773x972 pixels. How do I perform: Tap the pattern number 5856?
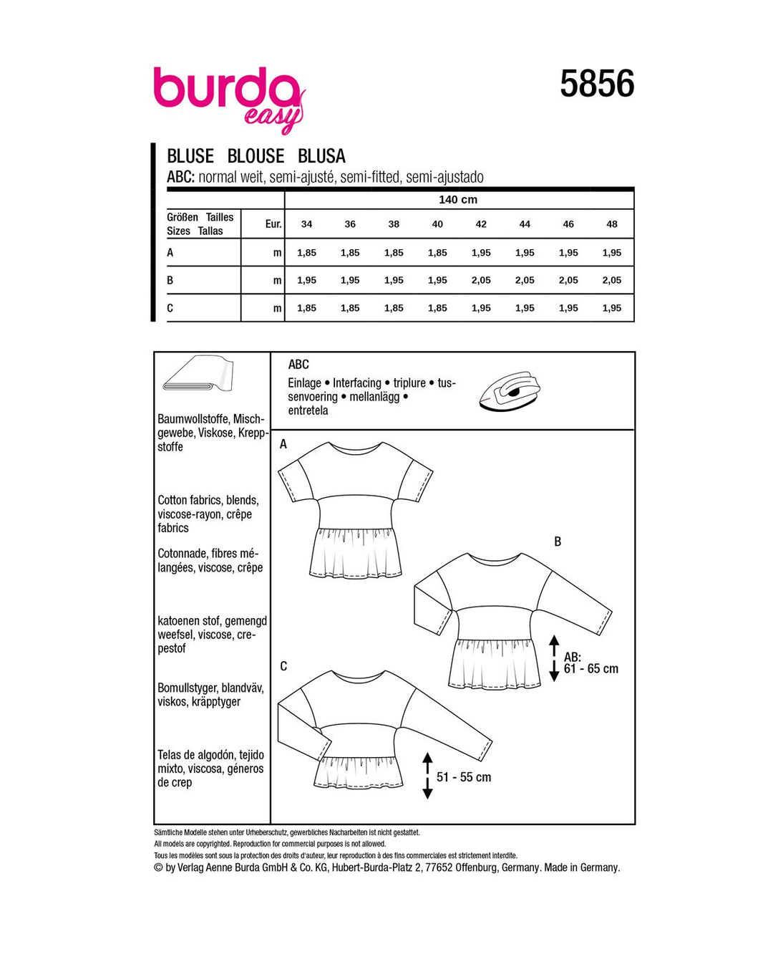pos(597,84)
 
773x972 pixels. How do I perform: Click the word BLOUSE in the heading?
pos(256,156)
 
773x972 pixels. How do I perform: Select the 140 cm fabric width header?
pos(458,200)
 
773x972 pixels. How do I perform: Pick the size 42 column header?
pos(481,224)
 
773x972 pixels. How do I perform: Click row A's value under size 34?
pos(306,253)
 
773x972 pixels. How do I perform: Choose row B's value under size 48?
pos(612,280)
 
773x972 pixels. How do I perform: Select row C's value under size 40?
pos(437,308)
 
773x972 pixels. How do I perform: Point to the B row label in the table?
pos(170,280)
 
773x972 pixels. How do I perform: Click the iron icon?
pos(510,391)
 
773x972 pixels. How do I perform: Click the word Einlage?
pos(304,383)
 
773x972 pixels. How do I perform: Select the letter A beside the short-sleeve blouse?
pos(283,445)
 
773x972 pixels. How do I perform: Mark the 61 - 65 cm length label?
pos(591,669)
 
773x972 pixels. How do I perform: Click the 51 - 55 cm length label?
pos(464,777)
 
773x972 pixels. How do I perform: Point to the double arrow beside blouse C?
pos(427,776)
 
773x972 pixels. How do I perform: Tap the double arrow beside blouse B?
pos(554,658)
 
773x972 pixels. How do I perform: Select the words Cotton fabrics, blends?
pos(208,500)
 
